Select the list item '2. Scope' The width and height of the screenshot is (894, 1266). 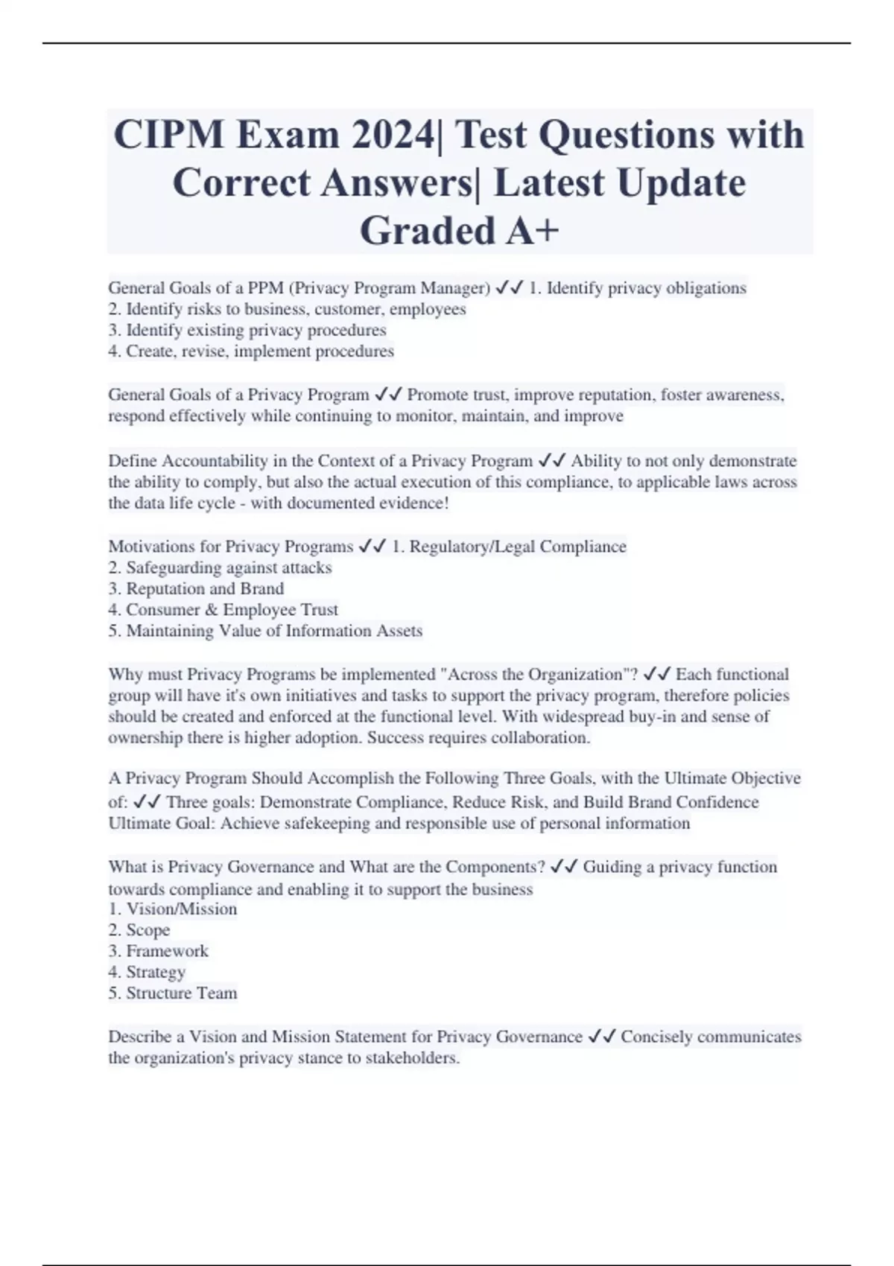pos(139,930)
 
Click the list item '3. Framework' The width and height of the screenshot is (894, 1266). pos(158,951)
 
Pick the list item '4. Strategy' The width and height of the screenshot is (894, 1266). pos(147,972)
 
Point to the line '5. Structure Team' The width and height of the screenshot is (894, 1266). pos(173,993)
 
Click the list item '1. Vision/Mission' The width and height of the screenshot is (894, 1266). pos(173,909)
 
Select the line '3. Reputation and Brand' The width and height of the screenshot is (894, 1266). pos(196,589)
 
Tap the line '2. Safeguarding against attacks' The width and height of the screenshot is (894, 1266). pos(220,568)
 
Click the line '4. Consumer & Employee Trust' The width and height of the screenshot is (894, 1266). pos(223,610)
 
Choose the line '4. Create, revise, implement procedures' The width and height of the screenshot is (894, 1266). pos(251,352)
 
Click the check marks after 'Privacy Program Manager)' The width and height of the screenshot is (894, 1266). pos(509,288)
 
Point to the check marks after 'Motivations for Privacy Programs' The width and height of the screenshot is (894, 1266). pos(372,547)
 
